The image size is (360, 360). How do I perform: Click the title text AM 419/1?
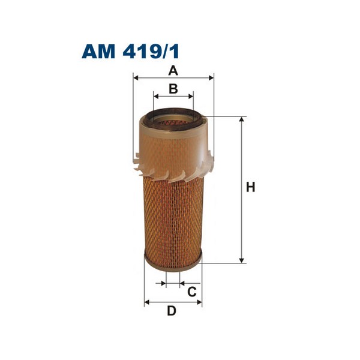(130, 51)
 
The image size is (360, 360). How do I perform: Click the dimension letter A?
(173, 71)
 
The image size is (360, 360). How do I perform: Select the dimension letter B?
(173, 89)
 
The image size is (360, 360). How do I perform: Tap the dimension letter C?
(192, 292)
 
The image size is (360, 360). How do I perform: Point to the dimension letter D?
(172, 311)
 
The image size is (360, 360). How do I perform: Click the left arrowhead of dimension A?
(136, 78)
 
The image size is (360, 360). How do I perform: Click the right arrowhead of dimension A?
(211, 78)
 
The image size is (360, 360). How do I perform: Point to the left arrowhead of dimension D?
(147, 303)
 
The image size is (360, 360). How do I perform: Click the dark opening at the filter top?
(173, 118)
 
